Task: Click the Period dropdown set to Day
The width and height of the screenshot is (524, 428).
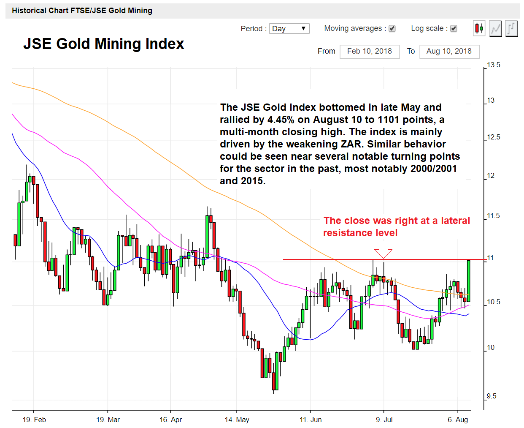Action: click(x=289, y=29)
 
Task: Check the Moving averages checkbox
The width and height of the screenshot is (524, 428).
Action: click(x=392, y=29)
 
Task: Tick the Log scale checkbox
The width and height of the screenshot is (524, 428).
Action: click(x=454, y=29)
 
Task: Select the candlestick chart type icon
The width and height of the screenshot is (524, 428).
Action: click(x=479, y=29)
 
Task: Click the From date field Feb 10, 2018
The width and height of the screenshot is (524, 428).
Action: click(x=370, y=52)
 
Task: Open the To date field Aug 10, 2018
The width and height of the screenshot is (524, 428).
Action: click(x=449, y=52)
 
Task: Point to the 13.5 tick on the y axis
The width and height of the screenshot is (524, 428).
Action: click(x=493, y=65)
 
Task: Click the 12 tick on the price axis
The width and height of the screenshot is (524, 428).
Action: click(x=491, y=176)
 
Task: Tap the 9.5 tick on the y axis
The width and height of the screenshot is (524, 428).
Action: click(x=491, y=396)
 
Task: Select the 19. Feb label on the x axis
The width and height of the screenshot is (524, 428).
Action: click(x=34, y=420)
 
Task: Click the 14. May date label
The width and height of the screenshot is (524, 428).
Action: click(x=237, y=420)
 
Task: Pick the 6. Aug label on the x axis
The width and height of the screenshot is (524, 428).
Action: click(x=458, y=420)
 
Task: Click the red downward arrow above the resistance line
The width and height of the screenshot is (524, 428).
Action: click(x=383, y=249)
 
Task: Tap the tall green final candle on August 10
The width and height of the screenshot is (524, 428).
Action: click(x=468, y=281)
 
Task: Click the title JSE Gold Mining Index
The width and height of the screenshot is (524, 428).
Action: click(x=103, y=44)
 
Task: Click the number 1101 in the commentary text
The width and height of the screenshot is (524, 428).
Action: click(x=388, y=120)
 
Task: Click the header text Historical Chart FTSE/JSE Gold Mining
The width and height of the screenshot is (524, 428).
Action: click(x=82, y=11)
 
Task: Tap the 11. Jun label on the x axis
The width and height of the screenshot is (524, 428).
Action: click(x=311, y=420)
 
